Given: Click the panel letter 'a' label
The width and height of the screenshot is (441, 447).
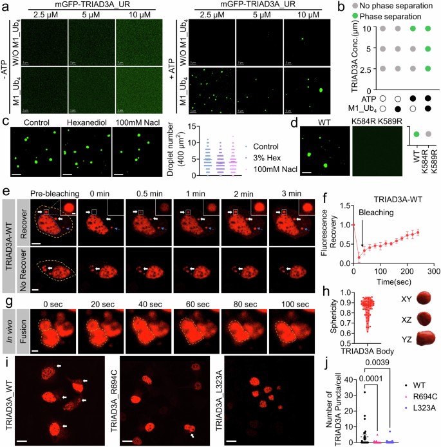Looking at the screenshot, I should [x=5, y=5].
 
